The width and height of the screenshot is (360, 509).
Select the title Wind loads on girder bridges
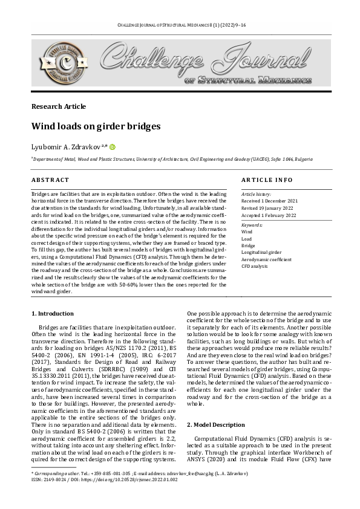96,127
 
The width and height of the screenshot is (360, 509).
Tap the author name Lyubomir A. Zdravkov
67,147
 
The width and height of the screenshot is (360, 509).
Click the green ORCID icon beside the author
113,146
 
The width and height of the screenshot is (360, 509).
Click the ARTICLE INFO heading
267,180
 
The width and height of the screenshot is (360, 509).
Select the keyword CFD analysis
254,266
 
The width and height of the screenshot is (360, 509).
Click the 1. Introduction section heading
53,314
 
